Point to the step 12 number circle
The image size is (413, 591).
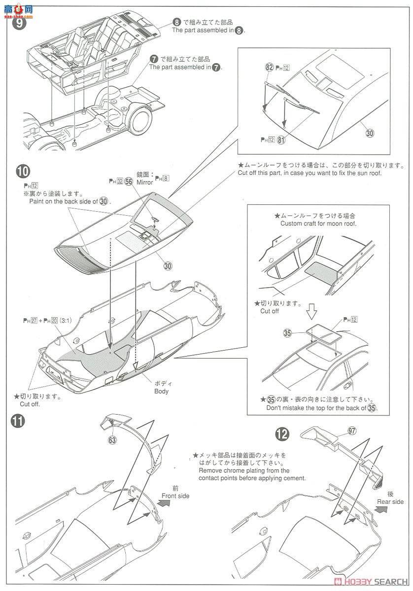[282, 433]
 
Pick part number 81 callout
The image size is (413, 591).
[281, 139]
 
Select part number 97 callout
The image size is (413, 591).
[351, 430]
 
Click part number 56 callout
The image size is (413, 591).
[130, 181]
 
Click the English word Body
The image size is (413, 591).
[161, 392]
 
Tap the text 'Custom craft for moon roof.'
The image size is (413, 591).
[318, 223]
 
